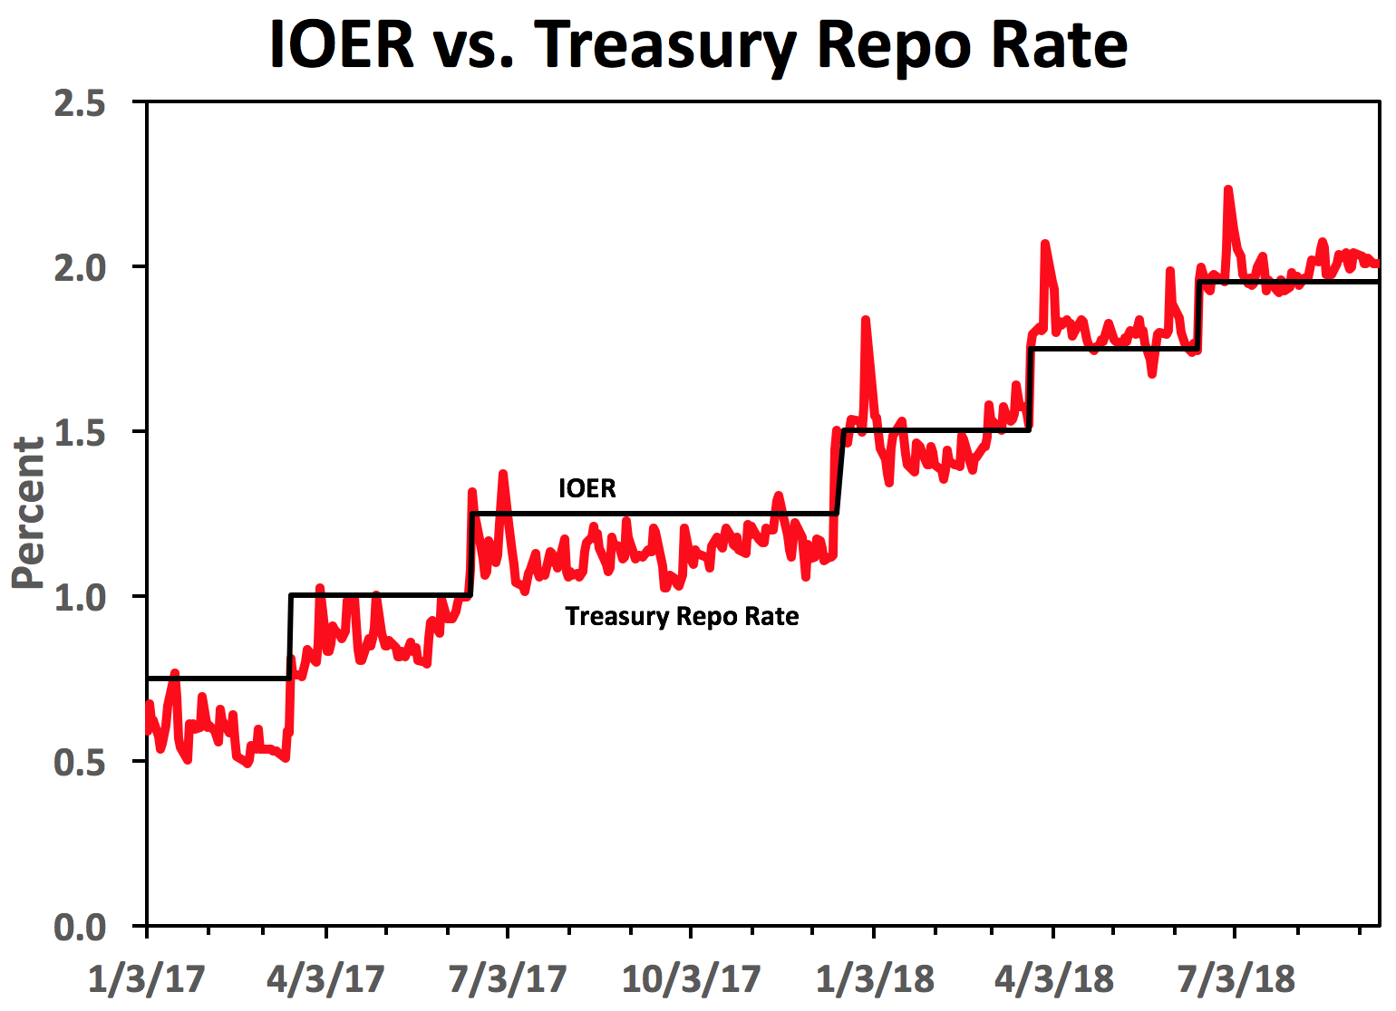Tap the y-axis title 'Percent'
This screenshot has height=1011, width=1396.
coord(28,513)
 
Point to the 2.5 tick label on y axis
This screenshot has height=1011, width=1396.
coord(80,103)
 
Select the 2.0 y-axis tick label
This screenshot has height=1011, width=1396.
coord(80,268)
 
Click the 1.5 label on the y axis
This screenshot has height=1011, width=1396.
coord(80,433)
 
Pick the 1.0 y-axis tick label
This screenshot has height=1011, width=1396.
coord(80,598)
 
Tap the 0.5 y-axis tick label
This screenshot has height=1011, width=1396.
coord(80,763)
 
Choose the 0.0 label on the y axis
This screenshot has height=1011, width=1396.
coord(80,928)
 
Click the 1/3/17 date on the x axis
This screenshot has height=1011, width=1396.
coord(147,979)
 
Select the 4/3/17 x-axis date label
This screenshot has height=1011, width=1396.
coord(326,979)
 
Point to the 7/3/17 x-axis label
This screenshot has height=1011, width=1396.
coord(508,979)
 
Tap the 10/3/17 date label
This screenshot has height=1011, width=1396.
coord(692,979)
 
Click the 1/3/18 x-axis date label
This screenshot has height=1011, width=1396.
coord(875,979)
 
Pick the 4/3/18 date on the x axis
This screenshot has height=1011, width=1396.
coord(1054,979)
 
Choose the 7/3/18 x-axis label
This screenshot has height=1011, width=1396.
coord(1236,979)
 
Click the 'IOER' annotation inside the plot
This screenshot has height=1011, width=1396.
coord(587,489)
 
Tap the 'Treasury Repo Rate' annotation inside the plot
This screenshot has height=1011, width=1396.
coord(682,617)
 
